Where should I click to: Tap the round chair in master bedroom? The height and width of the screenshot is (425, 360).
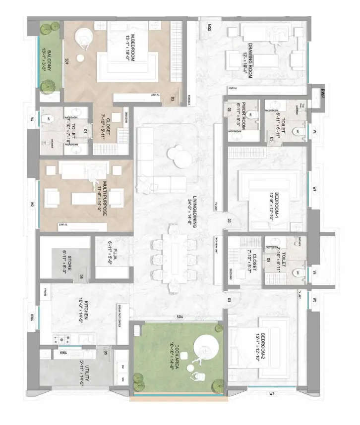pyautogui.click(x=84, y=37)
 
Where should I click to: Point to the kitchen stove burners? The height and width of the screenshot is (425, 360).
pyautogui.click(x=64, y=340)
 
